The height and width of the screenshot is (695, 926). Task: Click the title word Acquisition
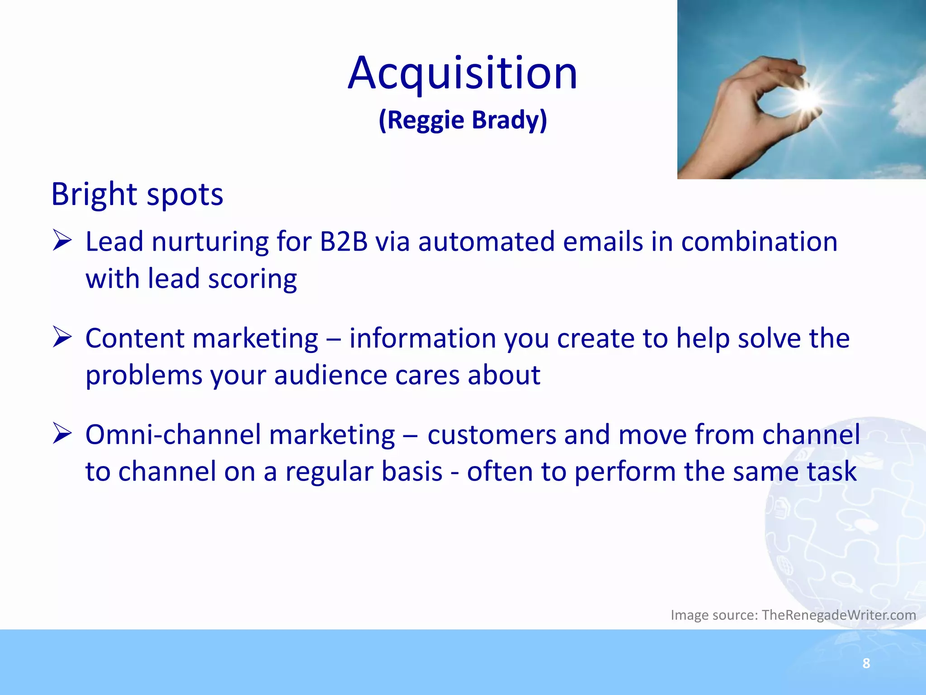point(463,73)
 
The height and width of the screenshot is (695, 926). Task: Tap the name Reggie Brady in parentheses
point(463,120)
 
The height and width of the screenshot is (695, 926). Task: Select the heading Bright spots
point(137,195)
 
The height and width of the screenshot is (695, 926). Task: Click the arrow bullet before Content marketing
point(62,337)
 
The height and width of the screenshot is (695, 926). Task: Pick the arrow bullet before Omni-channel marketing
point(62,433)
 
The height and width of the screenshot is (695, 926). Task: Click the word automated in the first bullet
point(486,242)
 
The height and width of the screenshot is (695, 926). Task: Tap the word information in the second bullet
point(423,338)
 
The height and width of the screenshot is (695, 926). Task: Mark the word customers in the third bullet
point(491,435)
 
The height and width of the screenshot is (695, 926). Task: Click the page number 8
point(866,663)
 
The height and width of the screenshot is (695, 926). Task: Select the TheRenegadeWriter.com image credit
point(839,615)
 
